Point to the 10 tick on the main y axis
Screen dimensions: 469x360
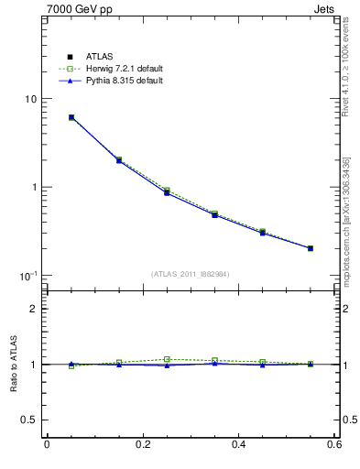[28, 99]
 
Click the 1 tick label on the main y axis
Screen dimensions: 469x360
[32, 187]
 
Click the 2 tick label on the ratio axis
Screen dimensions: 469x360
[32, 309]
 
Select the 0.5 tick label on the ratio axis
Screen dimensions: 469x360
[27, 420]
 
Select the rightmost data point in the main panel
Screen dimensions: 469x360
[311, 248]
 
